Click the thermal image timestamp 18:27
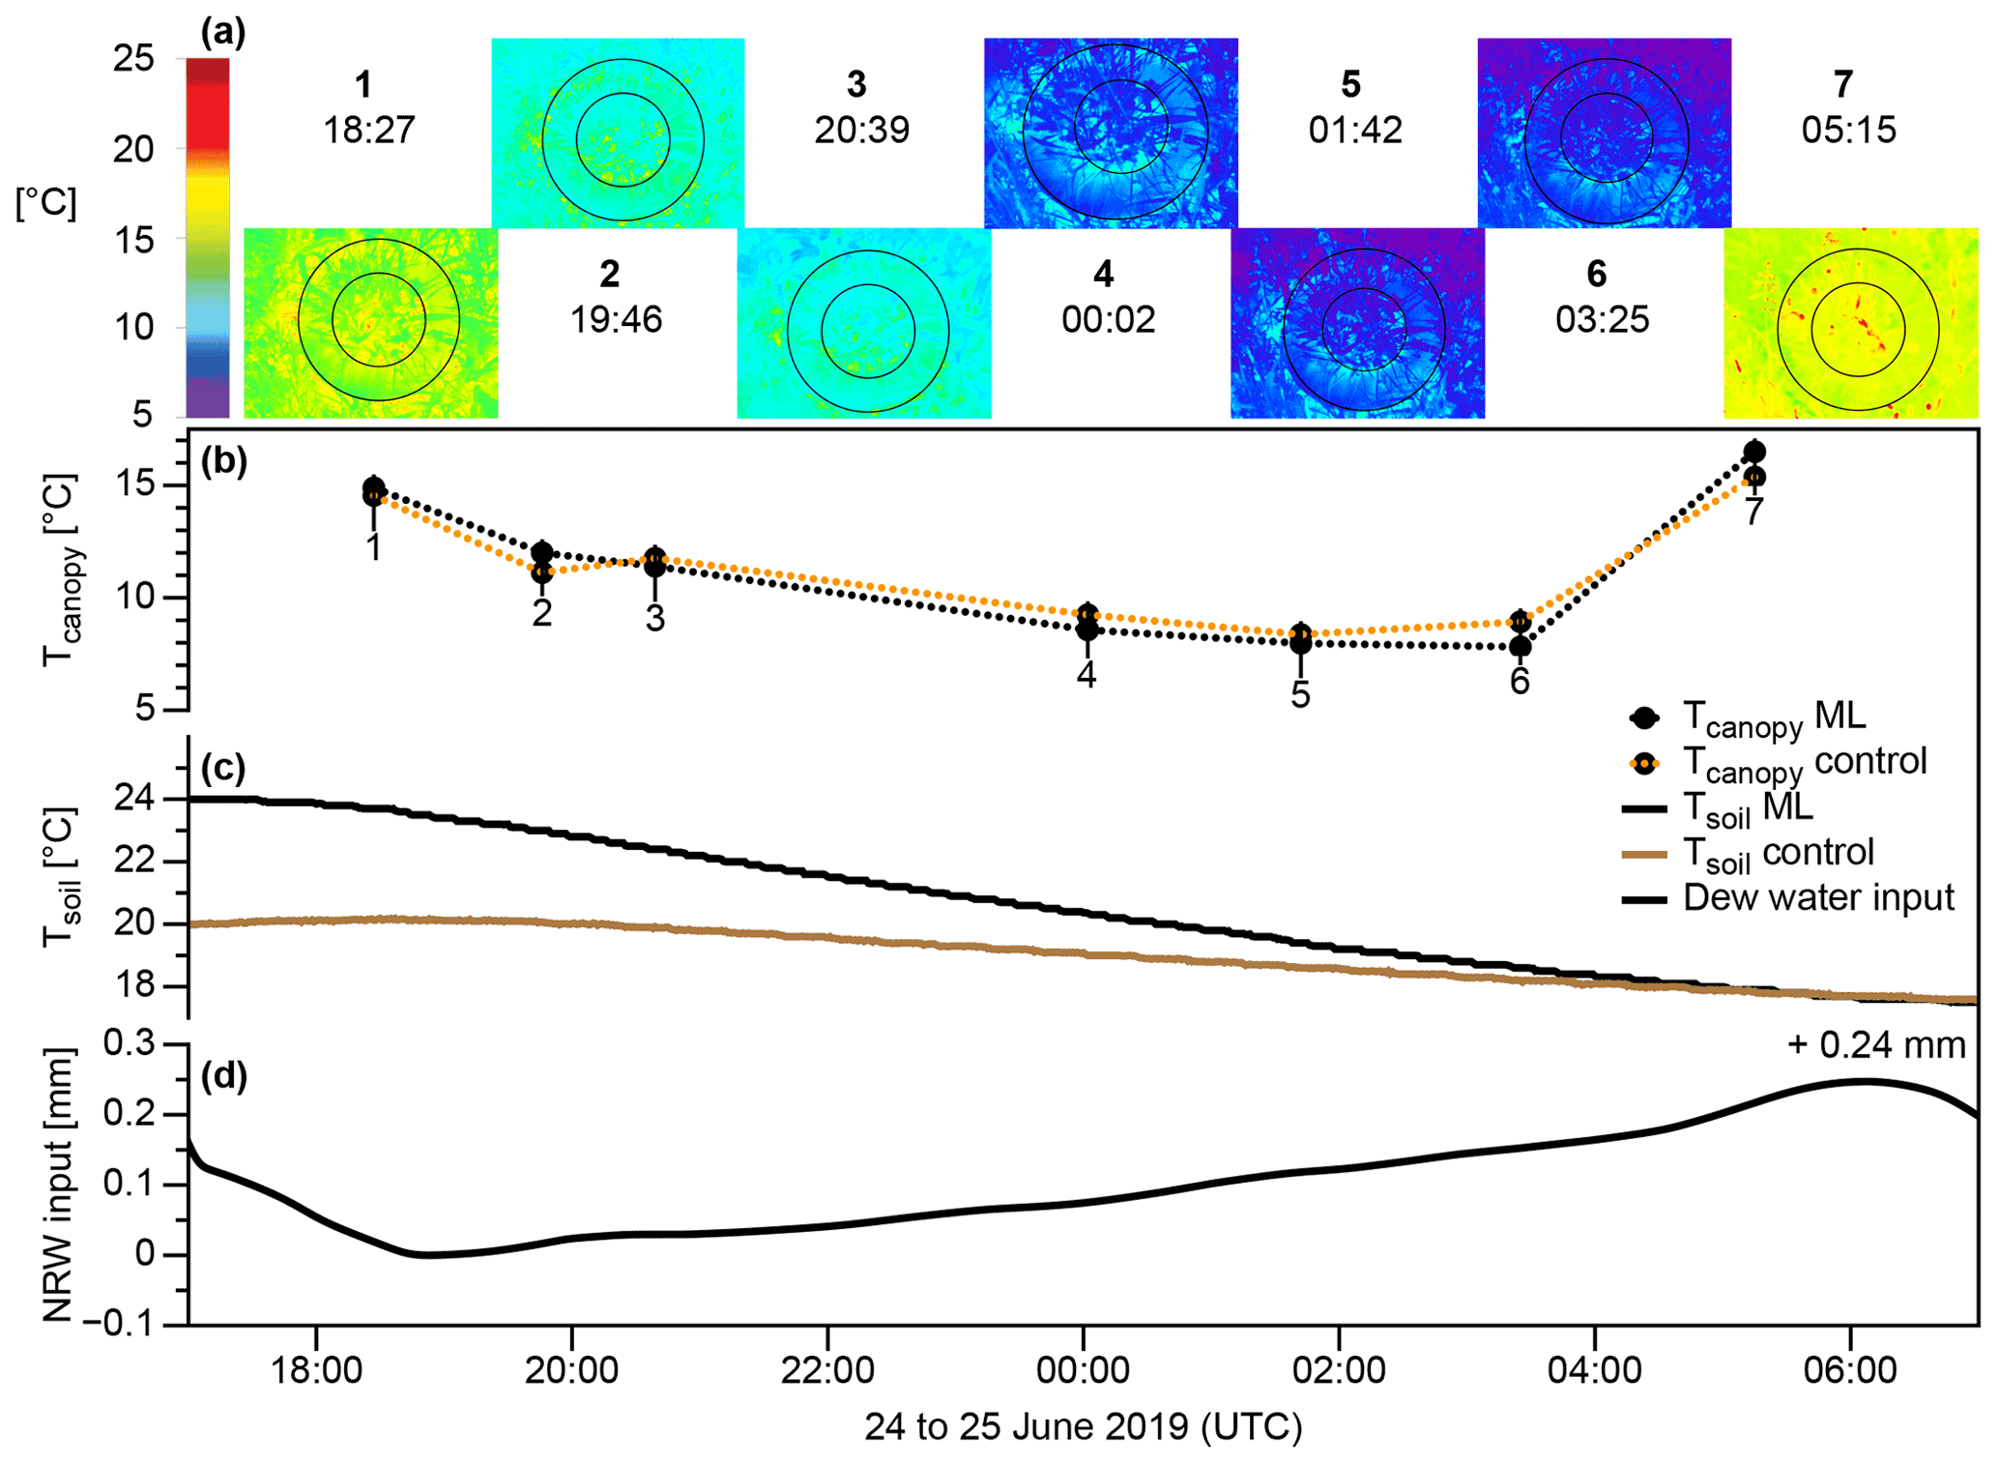click(368, 130)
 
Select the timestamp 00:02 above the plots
click(1108, 319)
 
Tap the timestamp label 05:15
click(1848, 130)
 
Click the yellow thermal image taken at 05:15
click(1850, 323)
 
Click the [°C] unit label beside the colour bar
click(45, 203)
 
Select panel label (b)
click(223, 462)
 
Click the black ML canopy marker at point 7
click(1753, 452)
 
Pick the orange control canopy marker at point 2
click(542, 572)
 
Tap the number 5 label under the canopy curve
click(1300, 694)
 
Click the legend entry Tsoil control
click(1778, 853)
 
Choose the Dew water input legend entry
click(1817, 897)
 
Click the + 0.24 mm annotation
click(1875, 1044)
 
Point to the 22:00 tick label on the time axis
click(827, 1369)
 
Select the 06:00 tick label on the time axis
click(1849, 1369)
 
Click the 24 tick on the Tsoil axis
click(133, 799)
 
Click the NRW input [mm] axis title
click(58, 1186)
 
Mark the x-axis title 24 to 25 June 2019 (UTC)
click(1083, 1427)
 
